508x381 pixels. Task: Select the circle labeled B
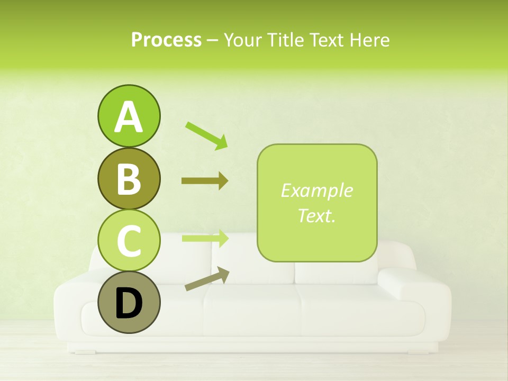[129, 179]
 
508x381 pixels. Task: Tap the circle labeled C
[129, 240]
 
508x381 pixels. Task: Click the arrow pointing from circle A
[206, 135]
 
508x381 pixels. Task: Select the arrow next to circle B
[205, 181]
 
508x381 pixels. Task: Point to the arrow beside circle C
[205, 238]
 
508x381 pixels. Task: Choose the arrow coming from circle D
[207, 279]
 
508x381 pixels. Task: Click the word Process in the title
[166, 40]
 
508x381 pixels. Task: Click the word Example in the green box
[316, 190]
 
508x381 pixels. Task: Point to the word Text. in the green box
[316, 215]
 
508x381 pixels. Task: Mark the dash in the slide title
[213, 40]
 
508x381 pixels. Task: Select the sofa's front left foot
[84, 351]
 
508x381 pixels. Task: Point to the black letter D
[129, 304]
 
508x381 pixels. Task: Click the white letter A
[129, 117]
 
